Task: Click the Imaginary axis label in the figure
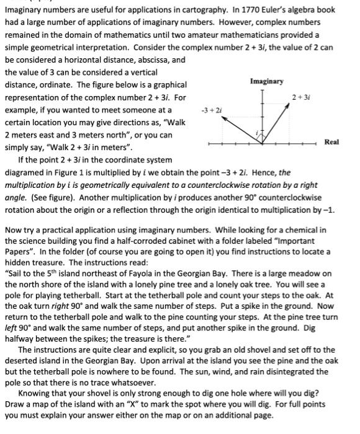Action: coord(267,81)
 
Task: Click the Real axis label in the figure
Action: coord(332,142)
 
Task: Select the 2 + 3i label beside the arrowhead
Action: coord(300,98)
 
